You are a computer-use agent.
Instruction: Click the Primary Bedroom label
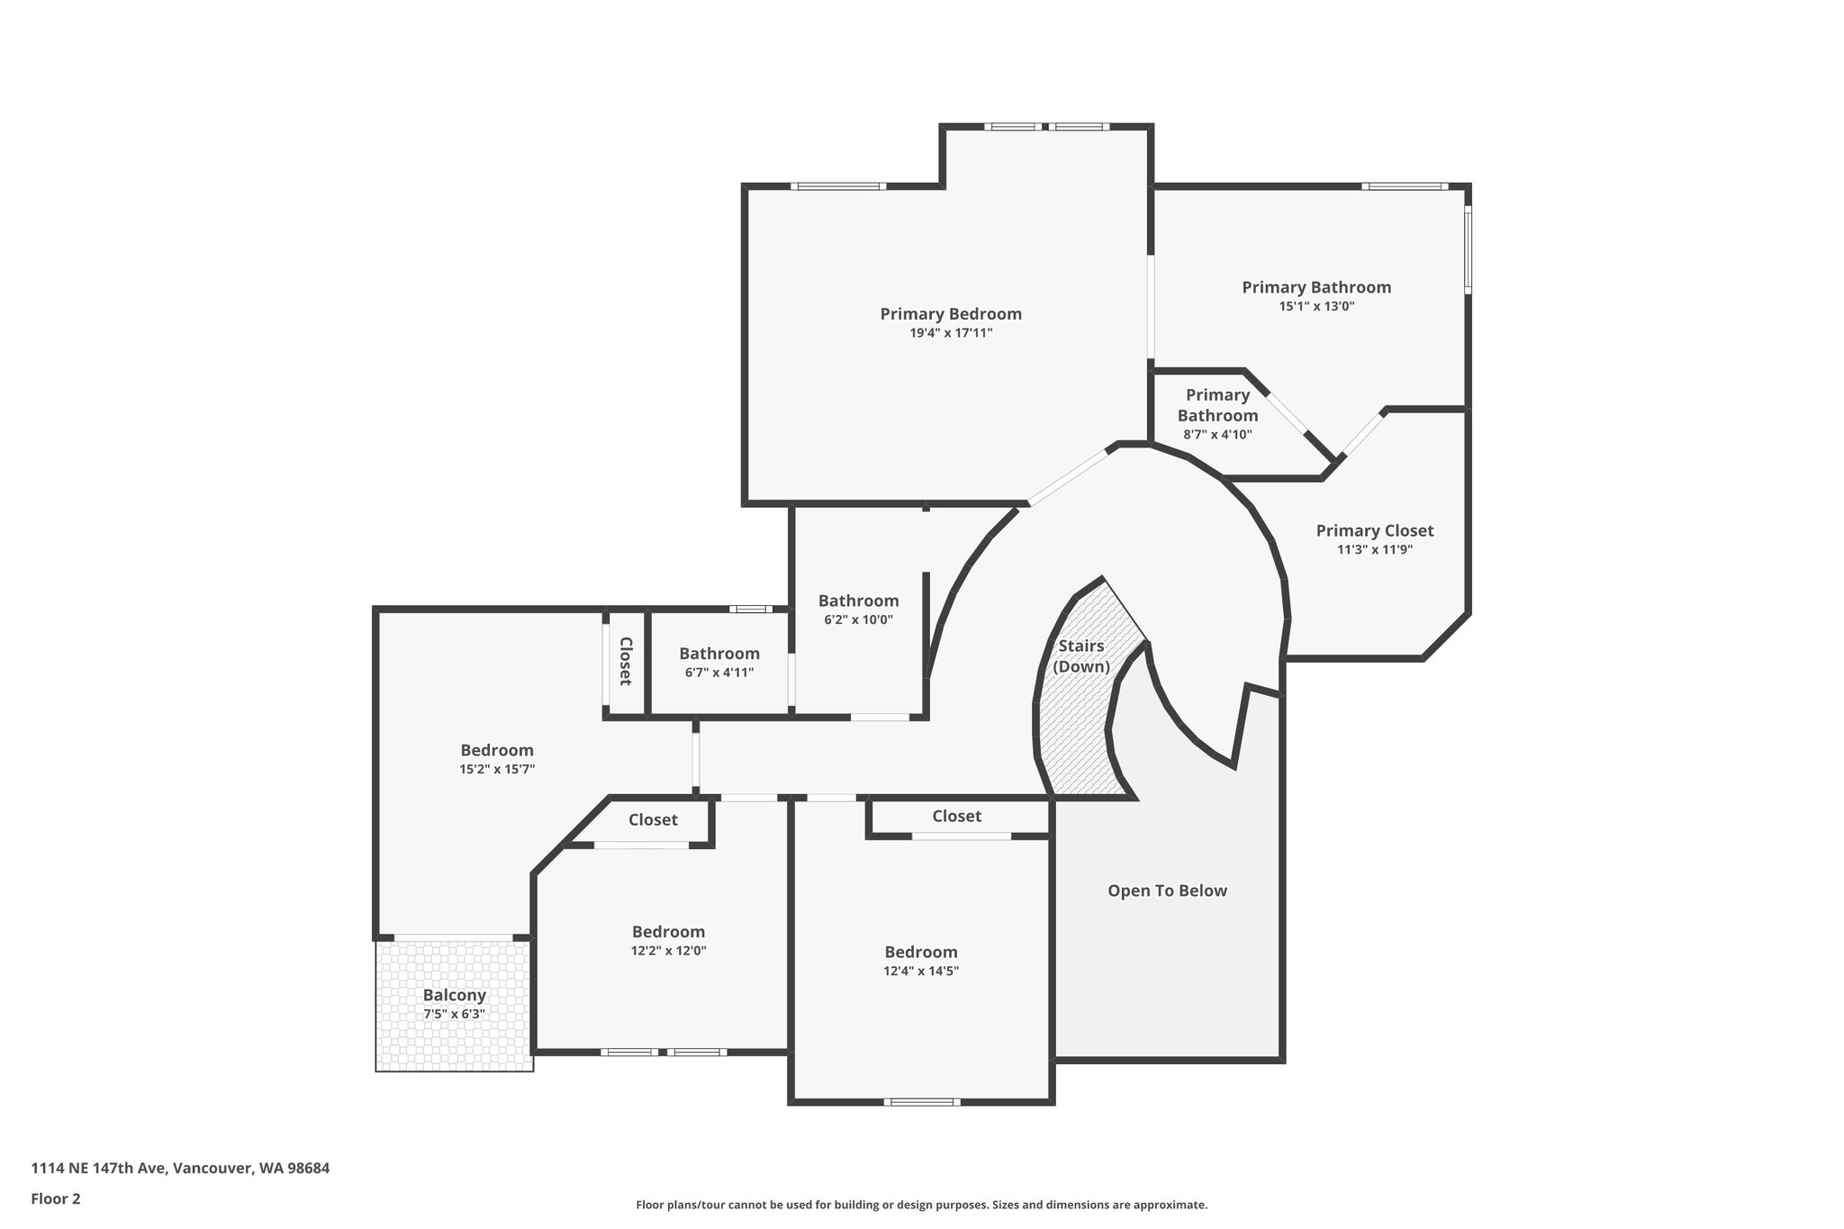951,314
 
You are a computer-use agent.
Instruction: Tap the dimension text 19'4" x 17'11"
951,333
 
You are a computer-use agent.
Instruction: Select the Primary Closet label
1374,531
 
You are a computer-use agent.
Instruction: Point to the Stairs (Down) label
1081,656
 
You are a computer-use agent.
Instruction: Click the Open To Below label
1167,890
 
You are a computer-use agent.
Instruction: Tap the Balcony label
455,995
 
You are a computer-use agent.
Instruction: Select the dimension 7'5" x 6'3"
455,1014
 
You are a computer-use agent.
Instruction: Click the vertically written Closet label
626,662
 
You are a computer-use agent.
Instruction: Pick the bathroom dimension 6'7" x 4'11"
719,673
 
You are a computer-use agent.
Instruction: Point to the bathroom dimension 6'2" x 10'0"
858,619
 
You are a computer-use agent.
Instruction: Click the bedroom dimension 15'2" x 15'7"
497,769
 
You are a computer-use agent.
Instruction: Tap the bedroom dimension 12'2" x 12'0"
668,951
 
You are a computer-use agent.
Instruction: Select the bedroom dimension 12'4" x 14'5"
921,971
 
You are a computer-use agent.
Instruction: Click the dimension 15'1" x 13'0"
1316,306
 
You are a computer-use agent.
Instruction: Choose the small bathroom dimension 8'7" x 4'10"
1217,435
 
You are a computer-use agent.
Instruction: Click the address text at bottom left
180,1169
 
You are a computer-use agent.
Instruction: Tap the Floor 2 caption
56,1198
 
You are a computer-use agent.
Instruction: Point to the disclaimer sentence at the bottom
921,1205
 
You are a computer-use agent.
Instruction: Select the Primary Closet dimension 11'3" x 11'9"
1374,550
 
